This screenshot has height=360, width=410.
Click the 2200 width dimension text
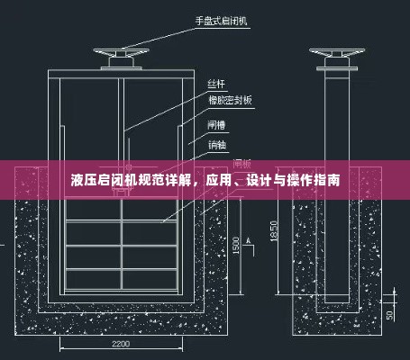(x=123, y=343)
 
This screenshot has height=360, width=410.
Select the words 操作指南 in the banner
(x=315, y=180)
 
